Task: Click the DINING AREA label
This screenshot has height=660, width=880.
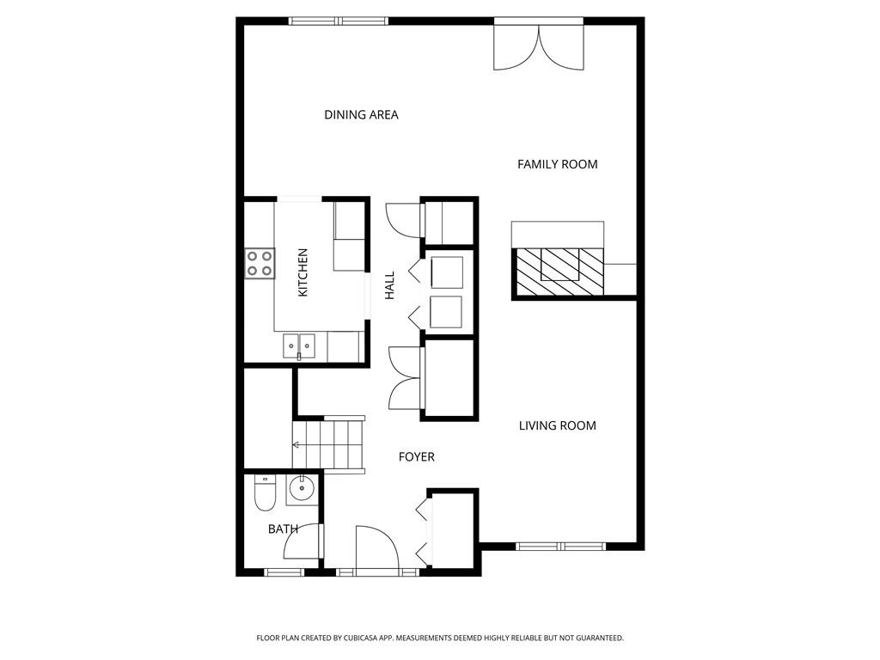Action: (361, 114)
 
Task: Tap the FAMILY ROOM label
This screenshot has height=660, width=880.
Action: (557, 164)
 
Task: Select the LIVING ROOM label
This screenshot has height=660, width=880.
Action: (557, 425)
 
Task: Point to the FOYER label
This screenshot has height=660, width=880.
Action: (416, 457)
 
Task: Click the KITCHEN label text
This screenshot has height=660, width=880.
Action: (302, 273)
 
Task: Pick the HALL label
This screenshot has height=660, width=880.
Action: (390, 285)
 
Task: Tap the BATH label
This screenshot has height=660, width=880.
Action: (282, 529)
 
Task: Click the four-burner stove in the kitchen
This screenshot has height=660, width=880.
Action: (260, 263)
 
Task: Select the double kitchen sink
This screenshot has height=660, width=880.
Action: (299, 345)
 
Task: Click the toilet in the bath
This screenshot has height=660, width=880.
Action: (264, 493)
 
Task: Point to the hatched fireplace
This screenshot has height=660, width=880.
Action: (559, 271)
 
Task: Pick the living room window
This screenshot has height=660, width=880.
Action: (560, 546)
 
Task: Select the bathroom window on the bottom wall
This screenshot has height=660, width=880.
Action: (284, 572)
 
